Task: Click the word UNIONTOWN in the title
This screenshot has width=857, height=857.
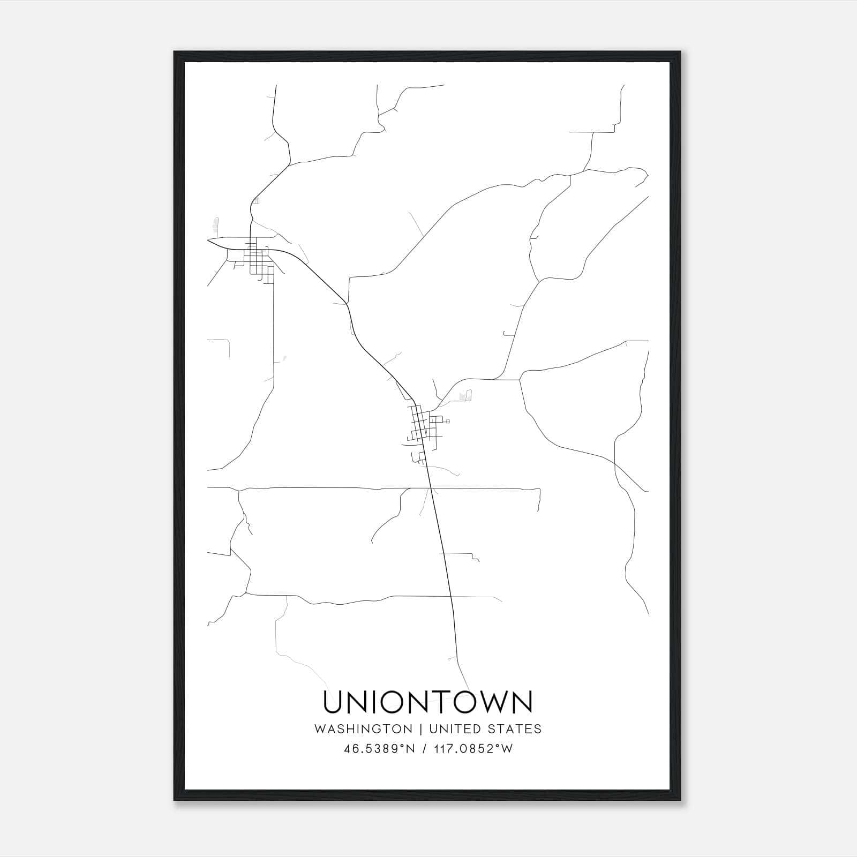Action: [x=428, y=702]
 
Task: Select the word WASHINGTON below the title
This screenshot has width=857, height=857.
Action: [x=363, y=729]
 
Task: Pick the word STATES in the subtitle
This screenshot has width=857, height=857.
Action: [x=516, y=729]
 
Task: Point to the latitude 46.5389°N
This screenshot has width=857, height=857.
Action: [x=380, y=749]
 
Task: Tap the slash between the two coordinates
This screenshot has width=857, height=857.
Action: [x=424, y=749]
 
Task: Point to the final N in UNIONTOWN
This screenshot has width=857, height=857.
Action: [x=521, y=702]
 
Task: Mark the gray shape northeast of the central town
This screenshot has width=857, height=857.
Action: [x=466, y=396]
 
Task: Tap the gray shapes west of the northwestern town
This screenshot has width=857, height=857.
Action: [x=216, y=225]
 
